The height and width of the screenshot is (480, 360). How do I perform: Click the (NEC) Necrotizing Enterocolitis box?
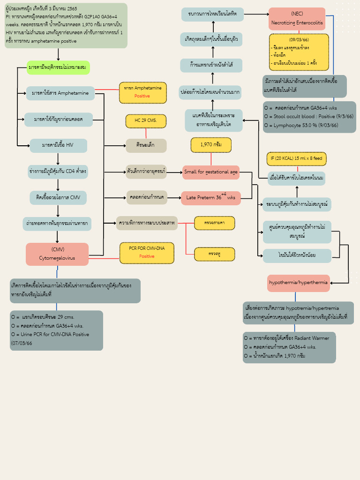[297, 19]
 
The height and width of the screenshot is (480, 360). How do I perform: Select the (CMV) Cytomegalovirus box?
[57, 254]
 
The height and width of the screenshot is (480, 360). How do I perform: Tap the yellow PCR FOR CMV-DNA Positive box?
[146, 253]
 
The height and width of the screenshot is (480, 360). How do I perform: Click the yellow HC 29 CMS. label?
[146, 121]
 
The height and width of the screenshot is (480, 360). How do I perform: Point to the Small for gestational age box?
[210, 172]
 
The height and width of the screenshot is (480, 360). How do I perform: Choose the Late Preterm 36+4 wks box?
[210, 198]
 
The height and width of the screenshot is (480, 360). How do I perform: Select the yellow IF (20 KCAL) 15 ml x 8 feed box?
[296, 159]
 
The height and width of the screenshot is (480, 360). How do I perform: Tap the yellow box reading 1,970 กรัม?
[210, 145]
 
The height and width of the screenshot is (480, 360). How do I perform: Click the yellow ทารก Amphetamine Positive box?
[142, 92]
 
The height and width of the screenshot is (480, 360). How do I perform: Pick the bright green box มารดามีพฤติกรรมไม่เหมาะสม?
[58, 67]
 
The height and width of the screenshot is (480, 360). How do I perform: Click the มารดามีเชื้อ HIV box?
[58, 145]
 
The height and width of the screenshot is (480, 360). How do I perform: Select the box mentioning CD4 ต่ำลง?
[58, 172]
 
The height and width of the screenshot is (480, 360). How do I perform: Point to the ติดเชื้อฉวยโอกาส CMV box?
[58, 198]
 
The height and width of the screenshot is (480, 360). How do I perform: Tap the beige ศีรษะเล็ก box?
[146, 146]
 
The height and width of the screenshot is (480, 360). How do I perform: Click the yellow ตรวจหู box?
[214, 254]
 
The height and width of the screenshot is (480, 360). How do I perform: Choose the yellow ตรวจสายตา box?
[214, 223]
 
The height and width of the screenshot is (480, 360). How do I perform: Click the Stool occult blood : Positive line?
[309, 116]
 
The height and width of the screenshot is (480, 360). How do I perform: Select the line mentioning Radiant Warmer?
[287, 338]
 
